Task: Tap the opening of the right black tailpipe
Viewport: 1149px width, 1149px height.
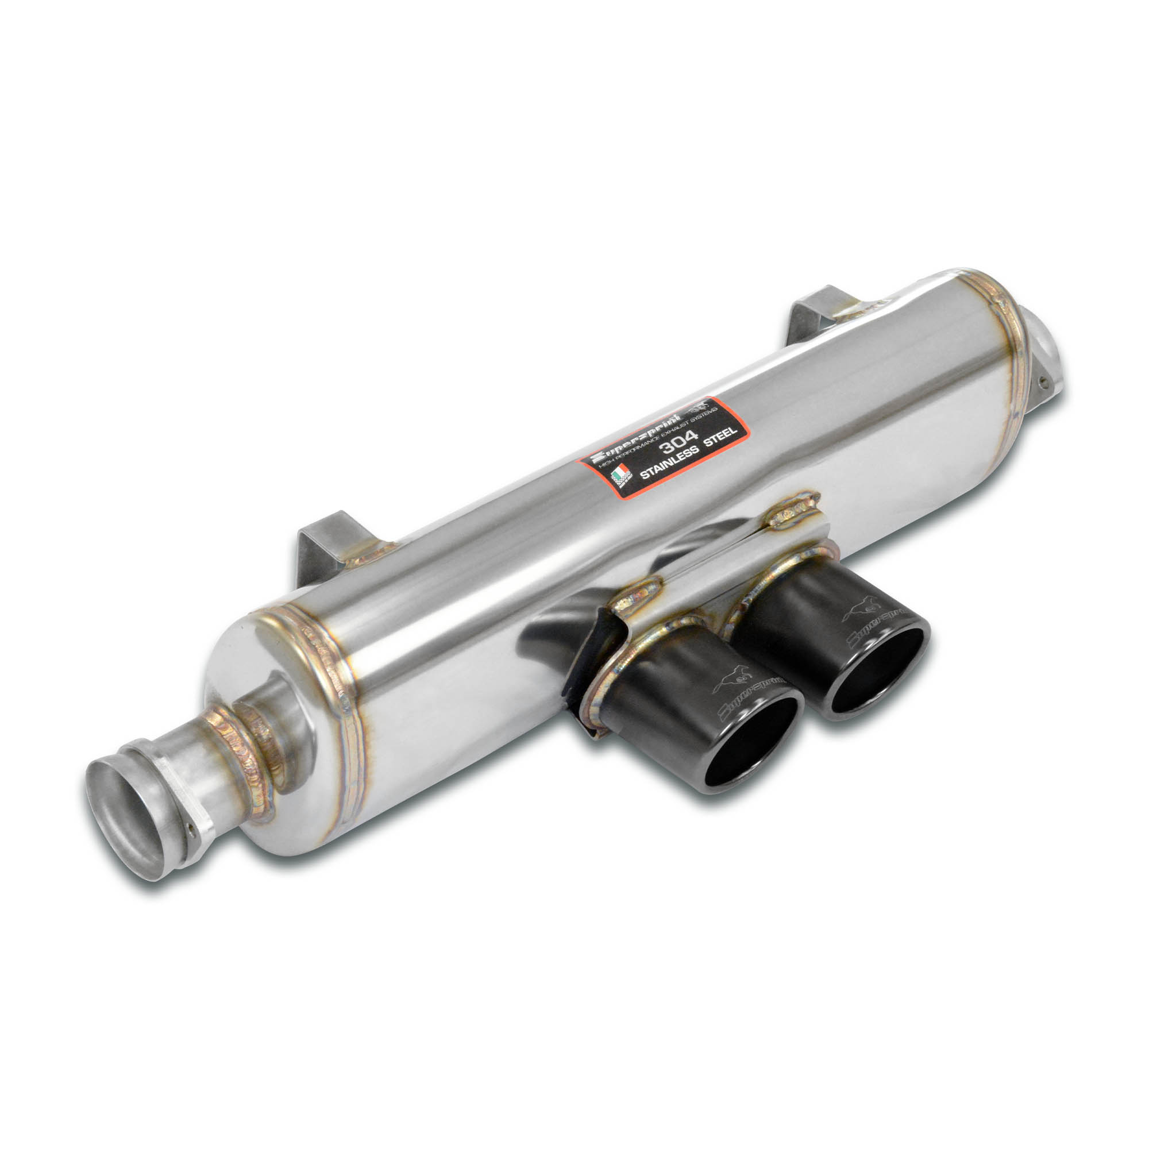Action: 874,670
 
